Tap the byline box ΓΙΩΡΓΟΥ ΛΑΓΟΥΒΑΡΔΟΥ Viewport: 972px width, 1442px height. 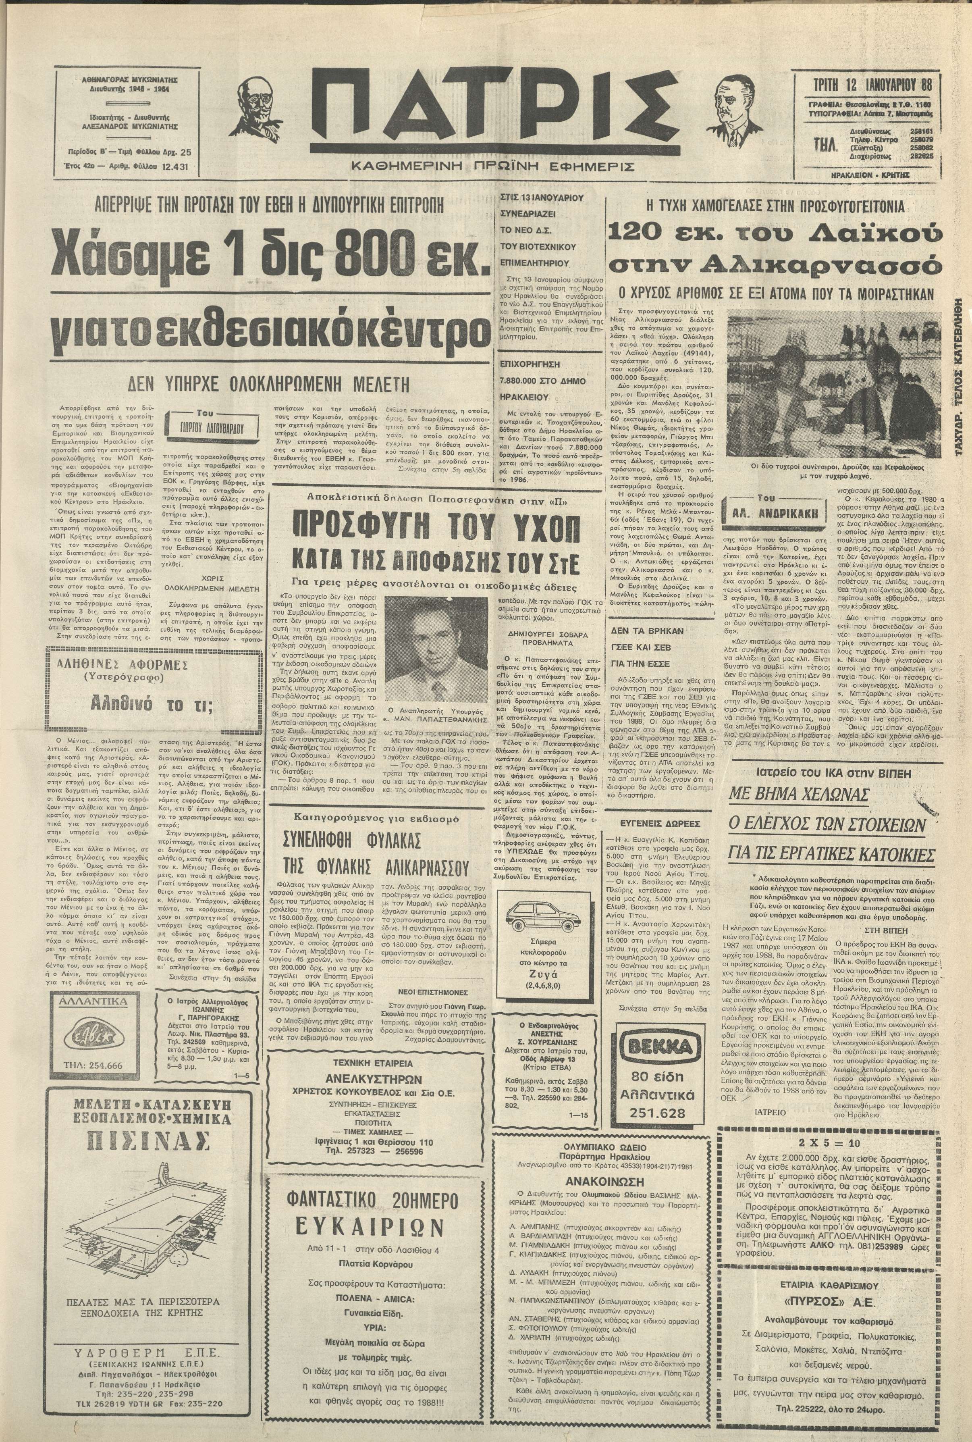(x=205, y=428)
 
